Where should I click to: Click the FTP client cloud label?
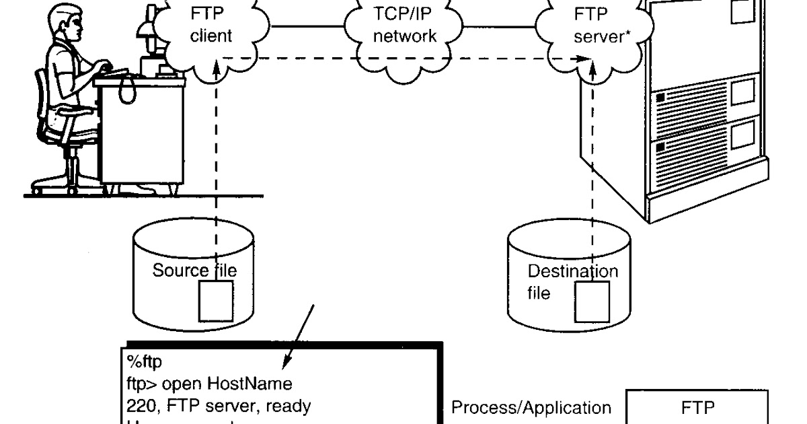tap(210, 25)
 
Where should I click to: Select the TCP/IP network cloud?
tap(405, 25)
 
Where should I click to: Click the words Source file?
tap(194, 271)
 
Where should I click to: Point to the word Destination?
tap(573, 272)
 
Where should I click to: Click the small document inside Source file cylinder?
tap(215, 300)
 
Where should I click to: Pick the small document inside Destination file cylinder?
tap(592, 302)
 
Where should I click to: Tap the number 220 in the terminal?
tap(138, 406)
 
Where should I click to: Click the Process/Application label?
tap(531, 408)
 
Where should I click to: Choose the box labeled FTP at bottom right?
tap(697, 408)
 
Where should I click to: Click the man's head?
tap(70, 24)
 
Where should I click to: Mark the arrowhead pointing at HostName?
tap(286, 364)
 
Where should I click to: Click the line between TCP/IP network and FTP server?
tap(500, 27)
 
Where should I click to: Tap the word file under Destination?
tap(539, 293)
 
